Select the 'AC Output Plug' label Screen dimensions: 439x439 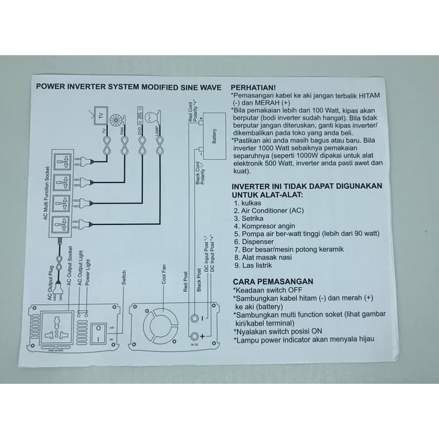52,286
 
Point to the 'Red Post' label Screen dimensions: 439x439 186,281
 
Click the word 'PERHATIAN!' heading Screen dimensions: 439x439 253,87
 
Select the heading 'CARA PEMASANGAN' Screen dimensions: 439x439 273,282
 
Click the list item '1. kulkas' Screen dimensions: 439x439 248,203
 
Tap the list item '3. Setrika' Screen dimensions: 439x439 248,218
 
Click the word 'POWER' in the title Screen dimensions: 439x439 51,88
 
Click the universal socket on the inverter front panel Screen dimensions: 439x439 55,328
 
